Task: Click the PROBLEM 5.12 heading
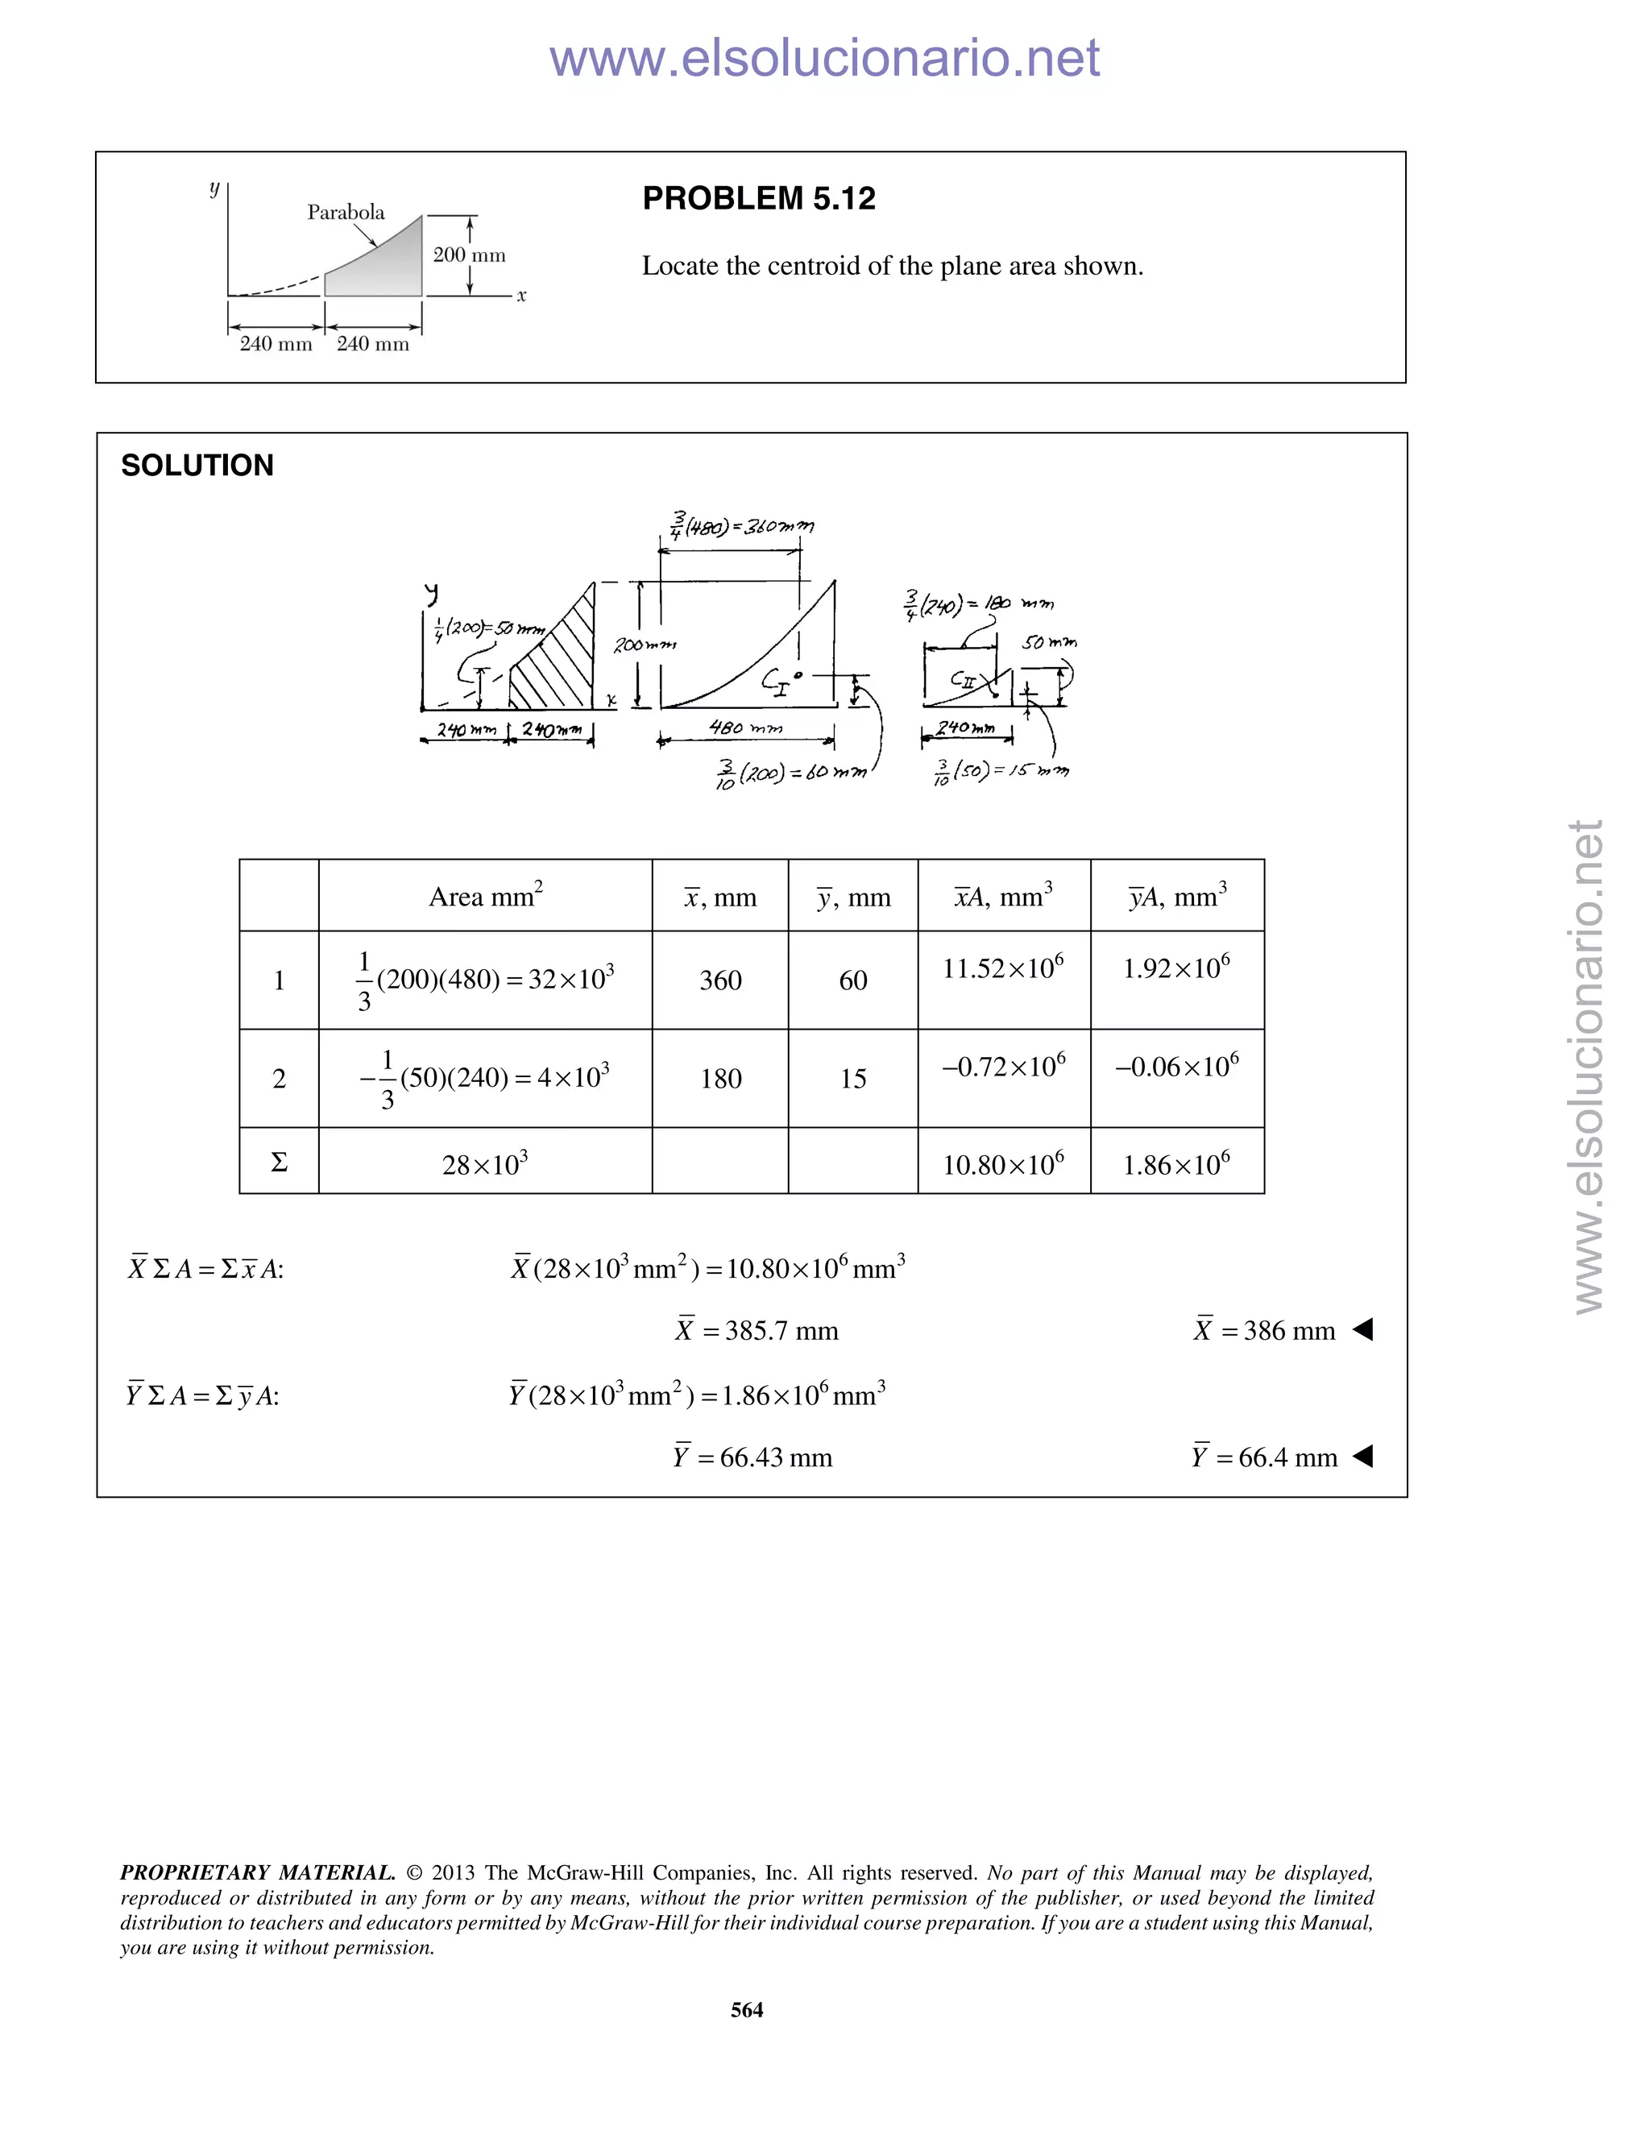coord(758,198)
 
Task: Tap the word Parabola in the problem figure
coord(346,212)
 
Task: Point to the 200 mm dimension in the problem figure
coord(469,255)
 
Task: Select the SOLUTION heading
coord(197,466)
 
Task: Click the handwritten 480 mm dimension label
coord(746,728)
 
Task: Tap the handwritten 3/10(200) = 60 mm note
coord(792,773)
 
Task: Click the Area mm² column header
coord(486,895)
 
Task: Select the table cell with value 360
coord(720,980)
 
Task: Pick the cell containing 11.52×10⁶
coord(1003,968)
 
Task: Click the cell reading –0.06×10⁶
coord(1177,1066)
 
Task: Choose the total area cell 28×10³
coord(486,1163)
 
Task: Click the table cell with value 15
coord(852,1078)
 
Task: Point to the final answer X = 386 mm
coord(1265,1330)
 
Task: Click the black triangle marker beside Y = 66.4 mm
coord(1364,1457)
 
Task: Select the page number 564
coord(747,2009)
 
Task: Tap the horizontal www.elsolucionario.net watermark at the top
coord(824,59)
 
